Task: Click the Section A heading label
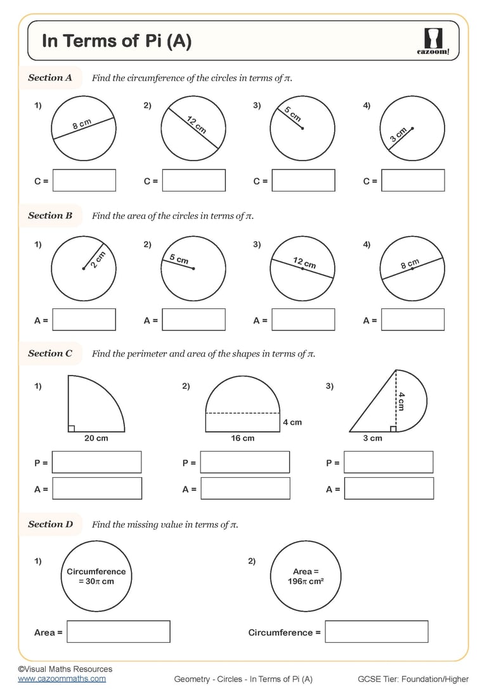50,78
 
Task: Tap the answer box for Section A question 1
84,181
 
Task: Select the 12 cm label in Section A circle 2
197,124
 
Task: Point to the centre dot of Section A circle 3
302,129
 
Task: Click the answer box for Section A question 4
413,181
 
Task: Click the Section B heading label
50,216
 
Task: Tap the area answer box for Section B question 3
303,320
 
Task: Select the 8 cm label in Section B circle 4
410,264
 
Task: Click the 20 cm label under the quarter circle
96,438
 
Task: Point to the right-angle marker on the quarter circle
71,428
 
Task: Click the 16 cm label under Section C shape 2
242,438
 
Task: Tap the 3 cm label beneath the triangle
372,438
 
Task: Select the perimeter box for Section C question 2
245,463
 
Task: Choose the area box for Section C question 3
389,489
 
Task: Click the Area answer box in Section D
119,632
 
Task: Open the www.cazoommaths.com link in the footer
62,679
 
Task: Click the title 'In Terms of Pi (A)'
117,42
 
